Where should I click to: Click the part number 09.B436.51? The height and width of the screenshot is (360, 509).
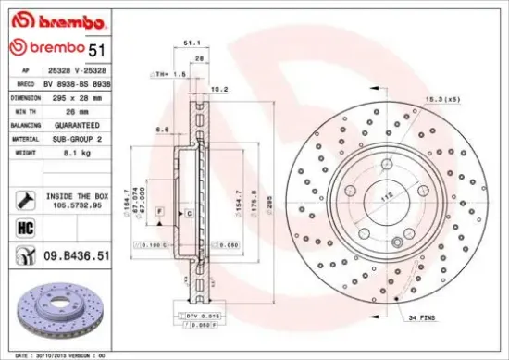pos(77,254)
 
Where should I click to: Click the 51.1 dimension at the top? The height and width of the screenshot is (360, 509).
pos(191,43)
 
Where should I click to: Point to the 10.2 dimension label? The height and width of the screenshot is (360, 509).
pos(220,90)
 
